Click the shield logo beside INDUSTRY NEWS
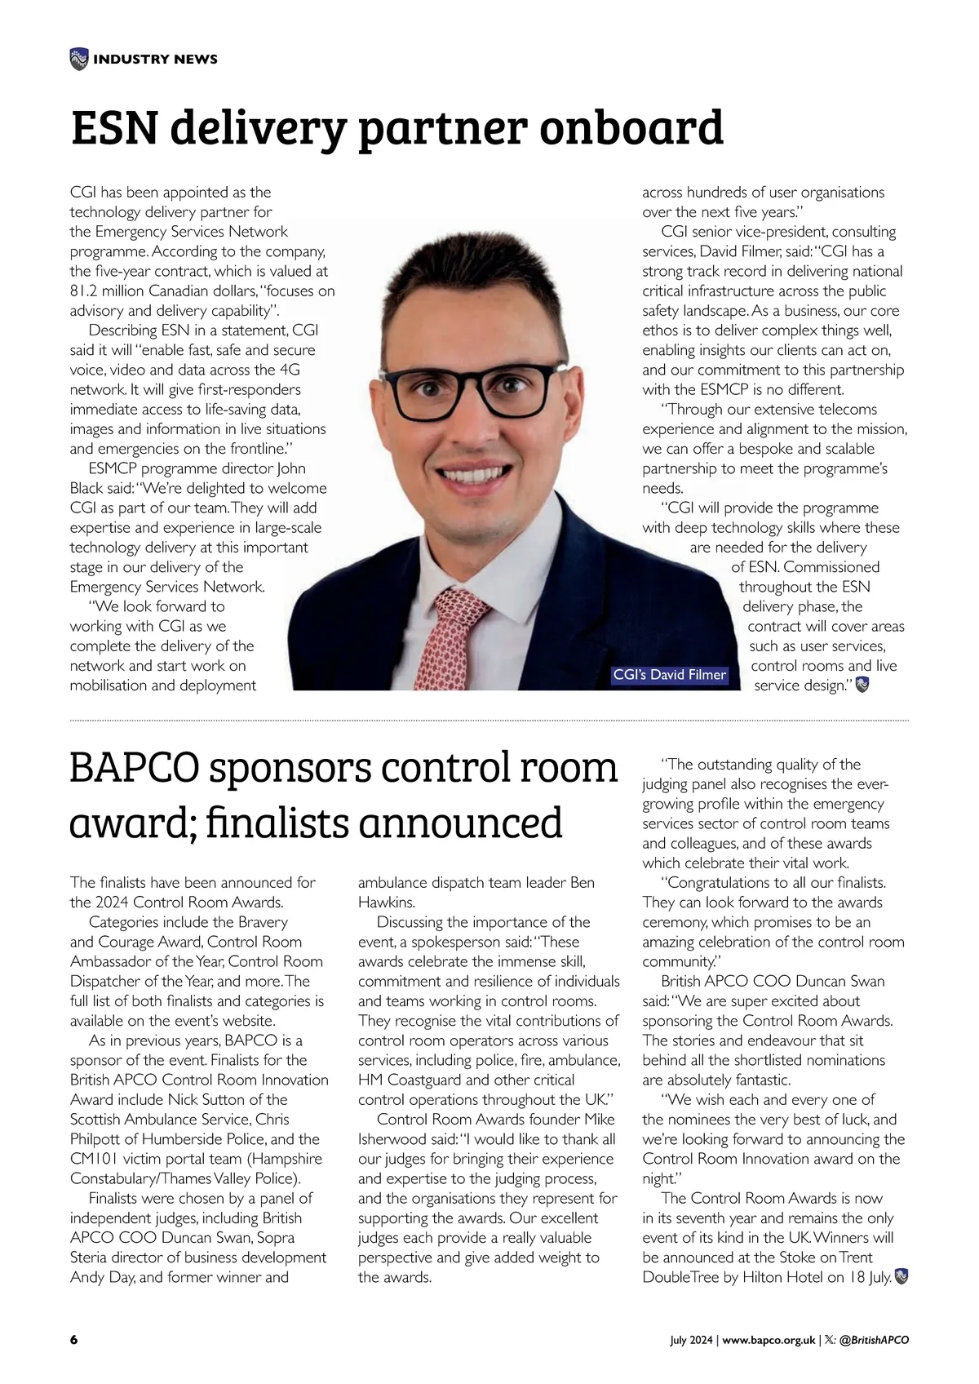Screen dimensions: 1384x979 pyautogui.click(x=78, y=58)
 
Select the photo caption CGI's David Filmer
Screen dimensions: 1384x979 pyautogui.click(x=669, y=675)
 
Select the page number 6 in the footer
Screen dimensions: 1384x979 pyautogui.click(x=73, y=1340)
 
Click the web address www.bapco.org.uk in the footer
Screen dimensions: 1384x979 pyautogui.click(x=769, y=1340)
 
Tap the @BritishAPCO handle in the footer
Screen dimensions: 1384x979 pyautogui.click(x=873, y=1340)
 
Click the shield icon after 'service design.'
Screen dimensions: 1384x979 pyautogui.click(x=863, y=685)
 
